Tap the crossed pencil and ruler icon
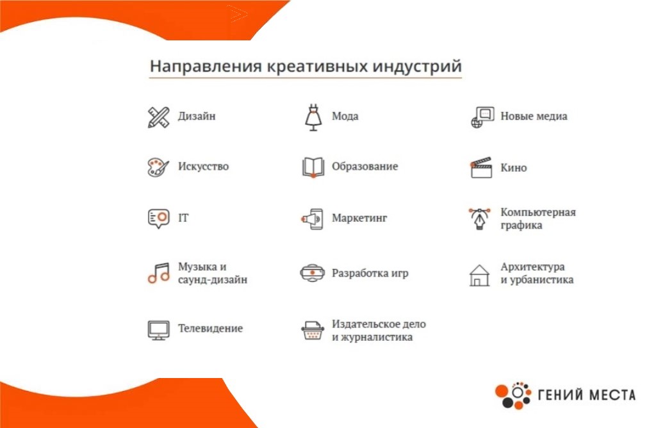pyautogui.click(x=159, y=117)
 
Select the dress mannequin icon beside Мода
pyautogui.click(x=313, y=117)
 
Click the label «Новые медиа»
pyautogui.click(x=534, y=116)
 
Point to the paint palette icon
pyautogui.click(x=158, y=167)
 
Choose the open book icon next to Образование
pyautogui.click(x=313, y=167)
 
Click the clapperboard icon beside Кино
pyautogui.click(x=481, y=168)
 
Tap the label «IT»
pyautogui.click(x=183, y=218)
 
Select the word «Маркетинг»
pyautogui.click(x=359, y=218)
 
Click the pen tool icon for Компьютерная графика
pyautogui.click(x=479, y=218)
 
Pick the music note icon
pyautogui.click(x=159, y=273)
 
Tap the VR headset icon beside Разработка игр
pyautogui.click(x=312, y=273)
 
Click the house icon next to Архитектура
pyautogui.click(x=479, y=276)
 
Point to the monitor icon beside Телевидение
pyautogui.click(x=159, y=330)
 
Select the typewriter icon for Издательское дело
pyautogui.click(x=313, y=330)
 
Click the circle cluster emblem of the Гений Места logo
pyautogui.click(x=513, y=395)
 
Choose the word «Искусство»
pyautogui.click(x=203, y=167)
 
